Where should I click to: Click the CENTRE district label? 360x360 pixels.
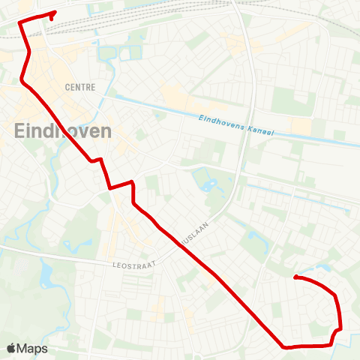tap(80, 87)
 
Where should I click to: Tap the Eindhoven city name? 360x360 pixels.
tap(63, 131)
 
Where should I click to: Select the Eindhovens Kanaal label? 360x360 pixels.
tap(237, 125)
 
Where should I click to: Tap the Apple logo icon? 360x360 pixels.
tap(12, 348)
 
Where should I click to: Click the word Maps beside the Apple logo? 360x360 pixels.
tap(34, 348)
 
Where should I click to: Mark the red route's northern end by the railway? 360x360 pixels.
tap(55, 13)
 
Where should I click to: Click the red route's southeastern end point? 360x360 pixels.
tap(295, 277)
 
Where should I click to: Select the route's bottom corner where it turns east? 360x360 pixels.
tap(284, 346)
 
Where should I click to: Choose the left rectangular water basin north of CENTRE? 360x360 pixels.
tap(107, 54)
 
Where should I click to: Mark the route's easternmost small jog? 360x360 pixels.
tap(340, 328)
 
